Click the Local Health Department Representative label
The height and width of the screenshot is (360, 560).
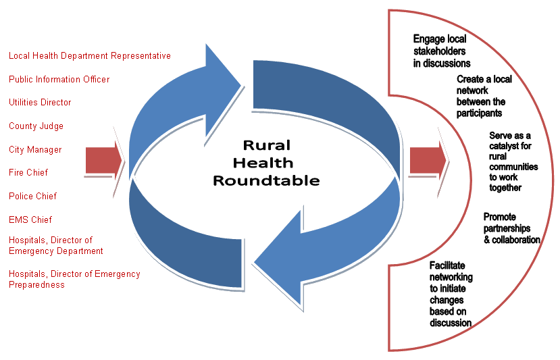point(89,56)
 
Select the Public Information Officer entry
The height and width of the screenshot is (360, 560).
point(59,79)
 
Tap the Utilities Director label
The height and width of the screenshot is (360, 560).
point(40,103)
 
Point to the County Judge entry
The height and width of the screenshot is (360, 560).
point(36,126)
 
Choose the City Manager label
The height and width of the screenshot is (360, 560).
point(35,149)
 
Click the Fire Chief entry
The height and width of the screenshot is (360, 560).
point(28,173)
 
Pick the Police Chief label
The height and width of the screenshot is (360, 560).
point(32,197)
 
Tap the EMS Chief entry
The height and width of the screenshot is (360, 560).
point(30,220)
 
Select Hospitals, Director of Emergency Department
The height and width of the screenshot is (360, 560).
point(56,246)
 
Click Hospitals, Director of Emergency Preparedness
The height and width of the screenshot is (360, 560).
point(74,279)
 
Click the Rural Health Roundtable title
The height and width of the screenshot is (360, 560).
point(267,163)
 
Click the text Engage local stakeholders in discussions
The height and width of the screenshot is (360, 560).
point(442,51)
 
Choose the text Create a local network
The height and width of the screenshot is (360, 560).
point(484,96)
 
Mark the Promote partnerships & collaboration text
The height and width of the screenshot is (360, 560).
point(511,228)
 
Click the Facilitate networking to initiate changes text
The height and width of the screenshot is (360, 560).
point(451,294)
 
